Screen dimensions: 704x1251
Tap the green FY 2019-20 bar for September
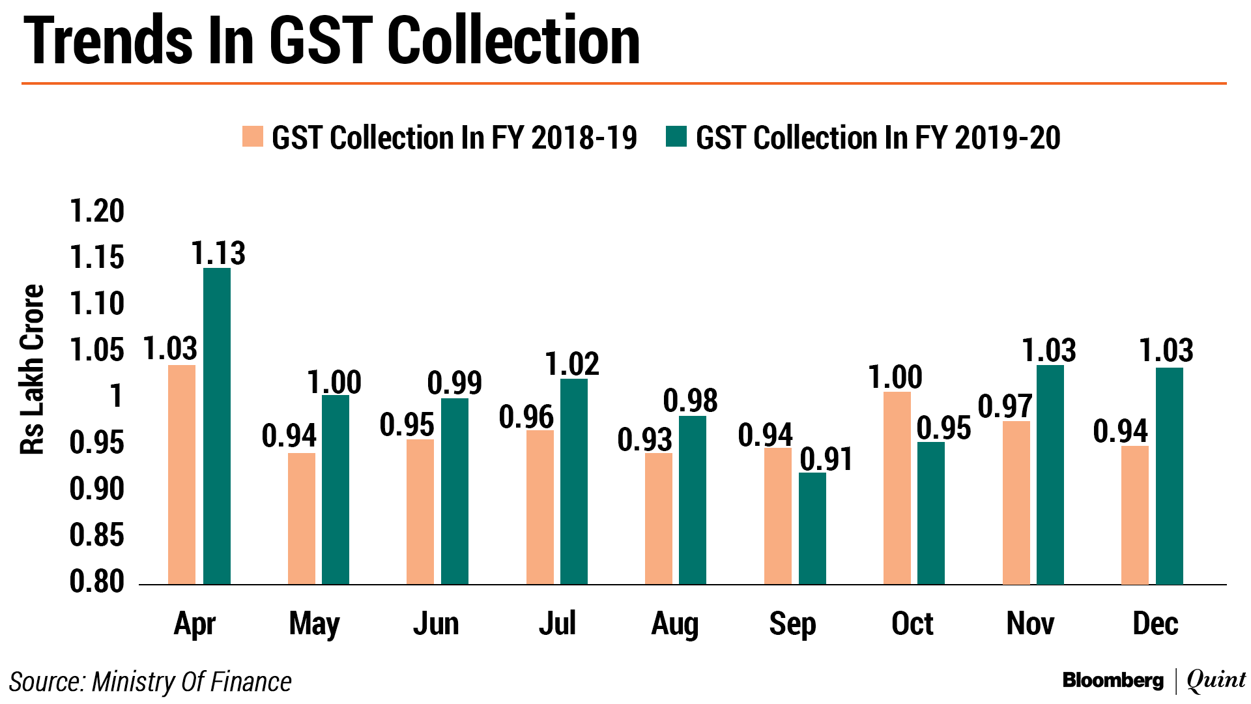812,528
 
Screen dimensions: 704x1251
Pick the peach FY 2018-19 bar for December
1134,515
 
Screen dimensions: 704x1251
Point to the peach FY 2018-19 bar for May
301,518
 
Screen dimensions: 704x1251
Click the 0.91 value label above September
826,460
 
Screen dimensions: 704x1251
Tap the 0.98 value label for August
690,400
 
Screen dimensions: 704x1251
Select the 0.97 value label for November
1005,406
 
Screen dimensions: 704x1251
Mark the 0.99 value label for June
454,383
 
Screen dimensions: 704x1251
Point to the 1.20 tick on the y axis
96,211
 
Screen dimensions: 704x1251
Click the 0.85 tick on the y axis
96,535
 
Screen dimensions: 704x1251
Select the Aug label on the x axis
674,624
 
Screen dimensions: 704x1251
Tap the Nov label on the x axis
1030,624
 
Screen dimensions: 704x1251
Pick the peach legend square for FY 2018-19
253,137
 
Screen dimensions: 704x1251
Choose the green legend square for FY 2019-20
676,137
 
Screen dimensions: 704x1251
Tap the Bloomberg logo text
1112,681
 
